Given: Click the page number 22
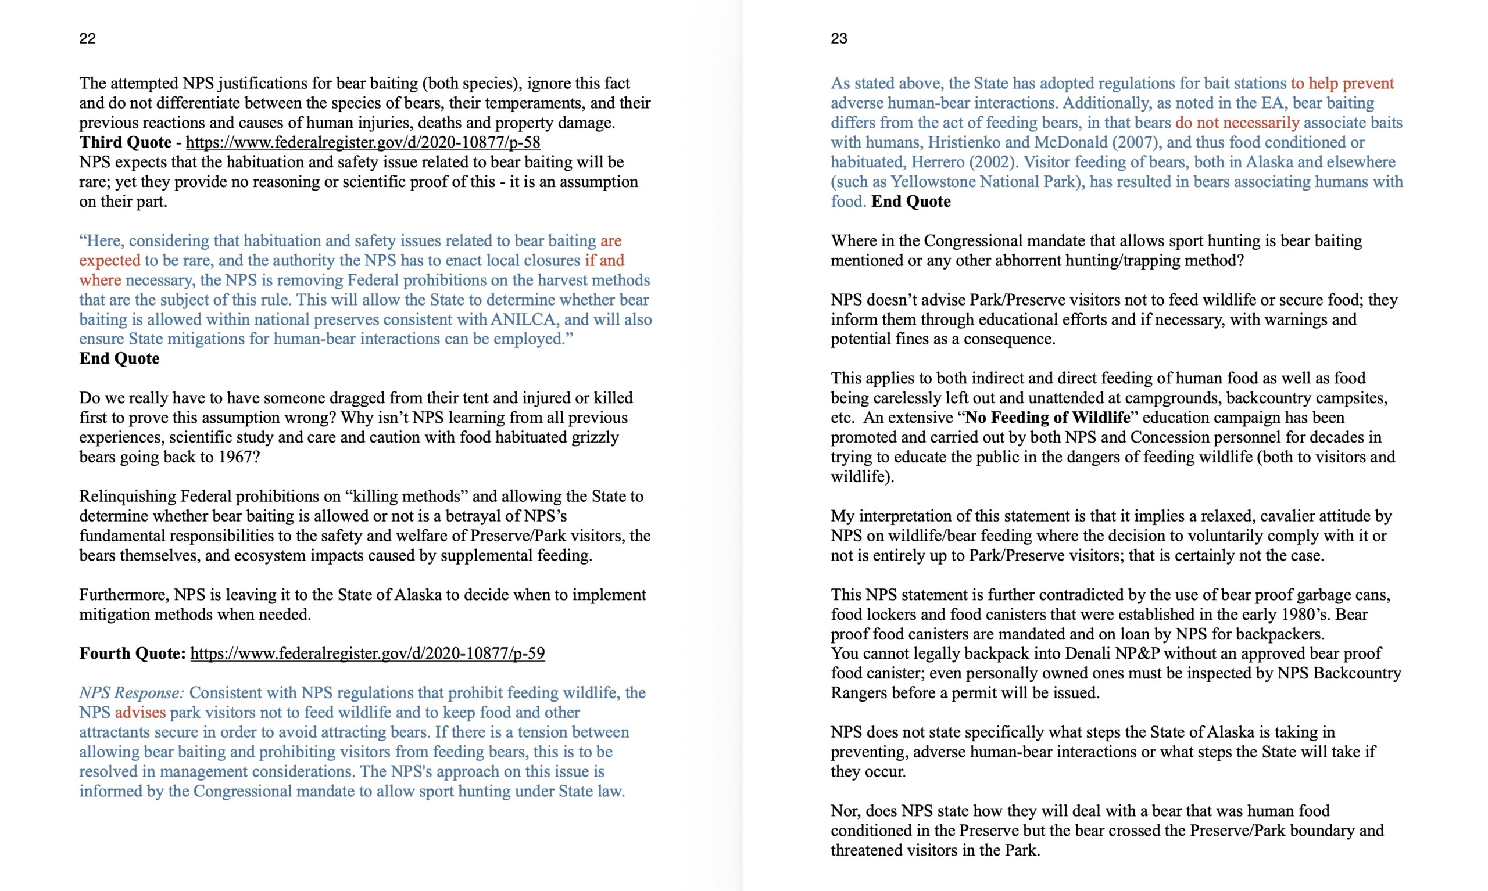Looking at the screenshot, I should (87, 38).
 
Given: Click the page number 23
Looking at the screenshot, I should (839, 38).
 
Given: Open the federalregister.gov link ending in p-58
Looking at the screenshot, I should (363, 142).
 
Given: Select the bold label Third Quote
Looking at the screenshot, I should (125, 142).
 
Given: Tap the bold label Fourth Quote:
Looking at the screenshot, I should (132, 653).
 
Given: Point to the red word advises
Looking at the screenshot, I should (140, 713).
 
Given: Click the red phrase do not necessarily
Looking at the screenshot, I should (1237, 123).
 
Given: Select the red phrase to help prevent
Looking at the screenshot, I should (1342, 84).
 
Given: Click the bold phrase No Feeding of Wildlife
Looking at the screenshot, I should (1047, 417).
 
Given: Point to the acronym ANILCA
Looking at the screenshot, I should (524, 319).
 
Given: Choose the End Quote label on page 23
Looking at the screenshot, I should (911, 202).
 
